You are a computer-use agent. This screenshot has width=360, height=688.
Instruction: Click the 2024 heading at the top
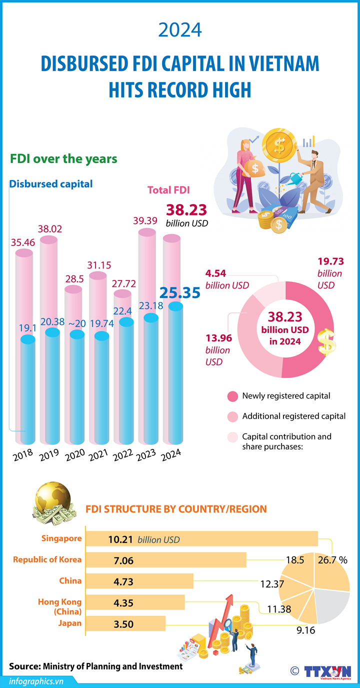pos(179,29)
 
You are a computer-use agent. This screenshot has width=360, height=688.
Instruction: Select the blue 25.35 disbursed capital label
pos(180,292)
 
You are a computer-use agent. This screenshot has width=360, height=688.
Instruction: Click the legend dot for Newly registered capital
pos(232,396)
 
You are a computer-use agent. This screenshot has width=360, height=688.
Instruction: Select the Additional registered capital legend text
pos(294,416)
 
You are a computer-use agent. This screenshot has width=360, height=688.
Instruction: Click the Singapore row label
pos(62,538)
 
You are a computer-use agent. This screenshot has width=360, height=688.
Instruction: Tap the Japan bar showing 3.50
pos(125,623)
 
